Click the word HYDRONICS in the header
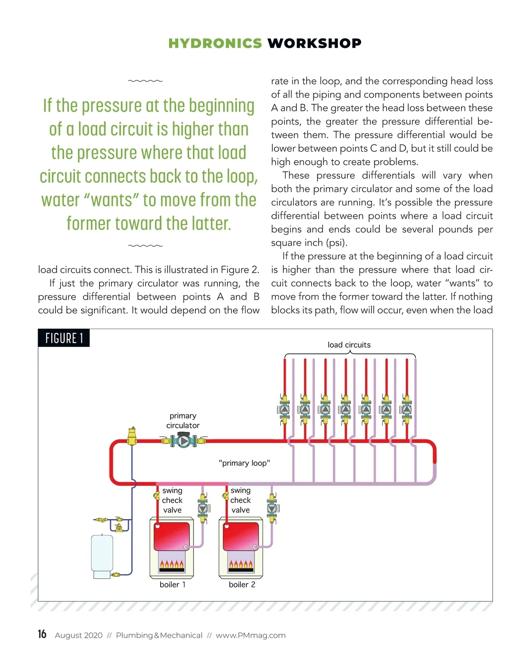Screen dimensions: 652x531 215,43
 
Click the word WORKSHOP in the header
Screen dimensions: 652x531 314,43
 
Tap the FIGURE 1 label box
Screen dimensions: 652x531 64,338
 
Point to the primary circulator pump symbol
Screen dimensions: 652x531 183,441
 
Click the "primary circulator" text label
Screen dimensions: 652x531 183,420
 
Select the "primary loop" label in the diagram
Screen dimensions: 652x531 244,463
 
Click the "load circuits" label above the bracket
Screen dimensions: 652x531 349,345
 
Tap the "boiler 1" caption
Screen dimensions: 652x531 173,585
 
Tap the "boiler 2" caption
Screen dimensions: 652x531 242,585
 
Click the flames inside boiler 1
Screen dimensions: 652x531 172,564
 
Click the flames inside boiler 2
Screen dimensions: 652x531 241,564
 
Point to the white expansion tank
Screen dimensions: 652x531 102,555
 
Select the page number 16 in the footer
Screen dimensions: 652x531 42,634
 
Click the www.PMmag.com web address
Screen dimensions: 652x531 250,635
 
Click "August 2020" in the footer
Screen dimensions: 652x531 78,635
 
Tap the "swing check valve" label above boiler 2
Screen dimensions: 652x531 240,500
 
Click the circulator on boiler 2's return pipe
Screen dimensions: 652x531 272,508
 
